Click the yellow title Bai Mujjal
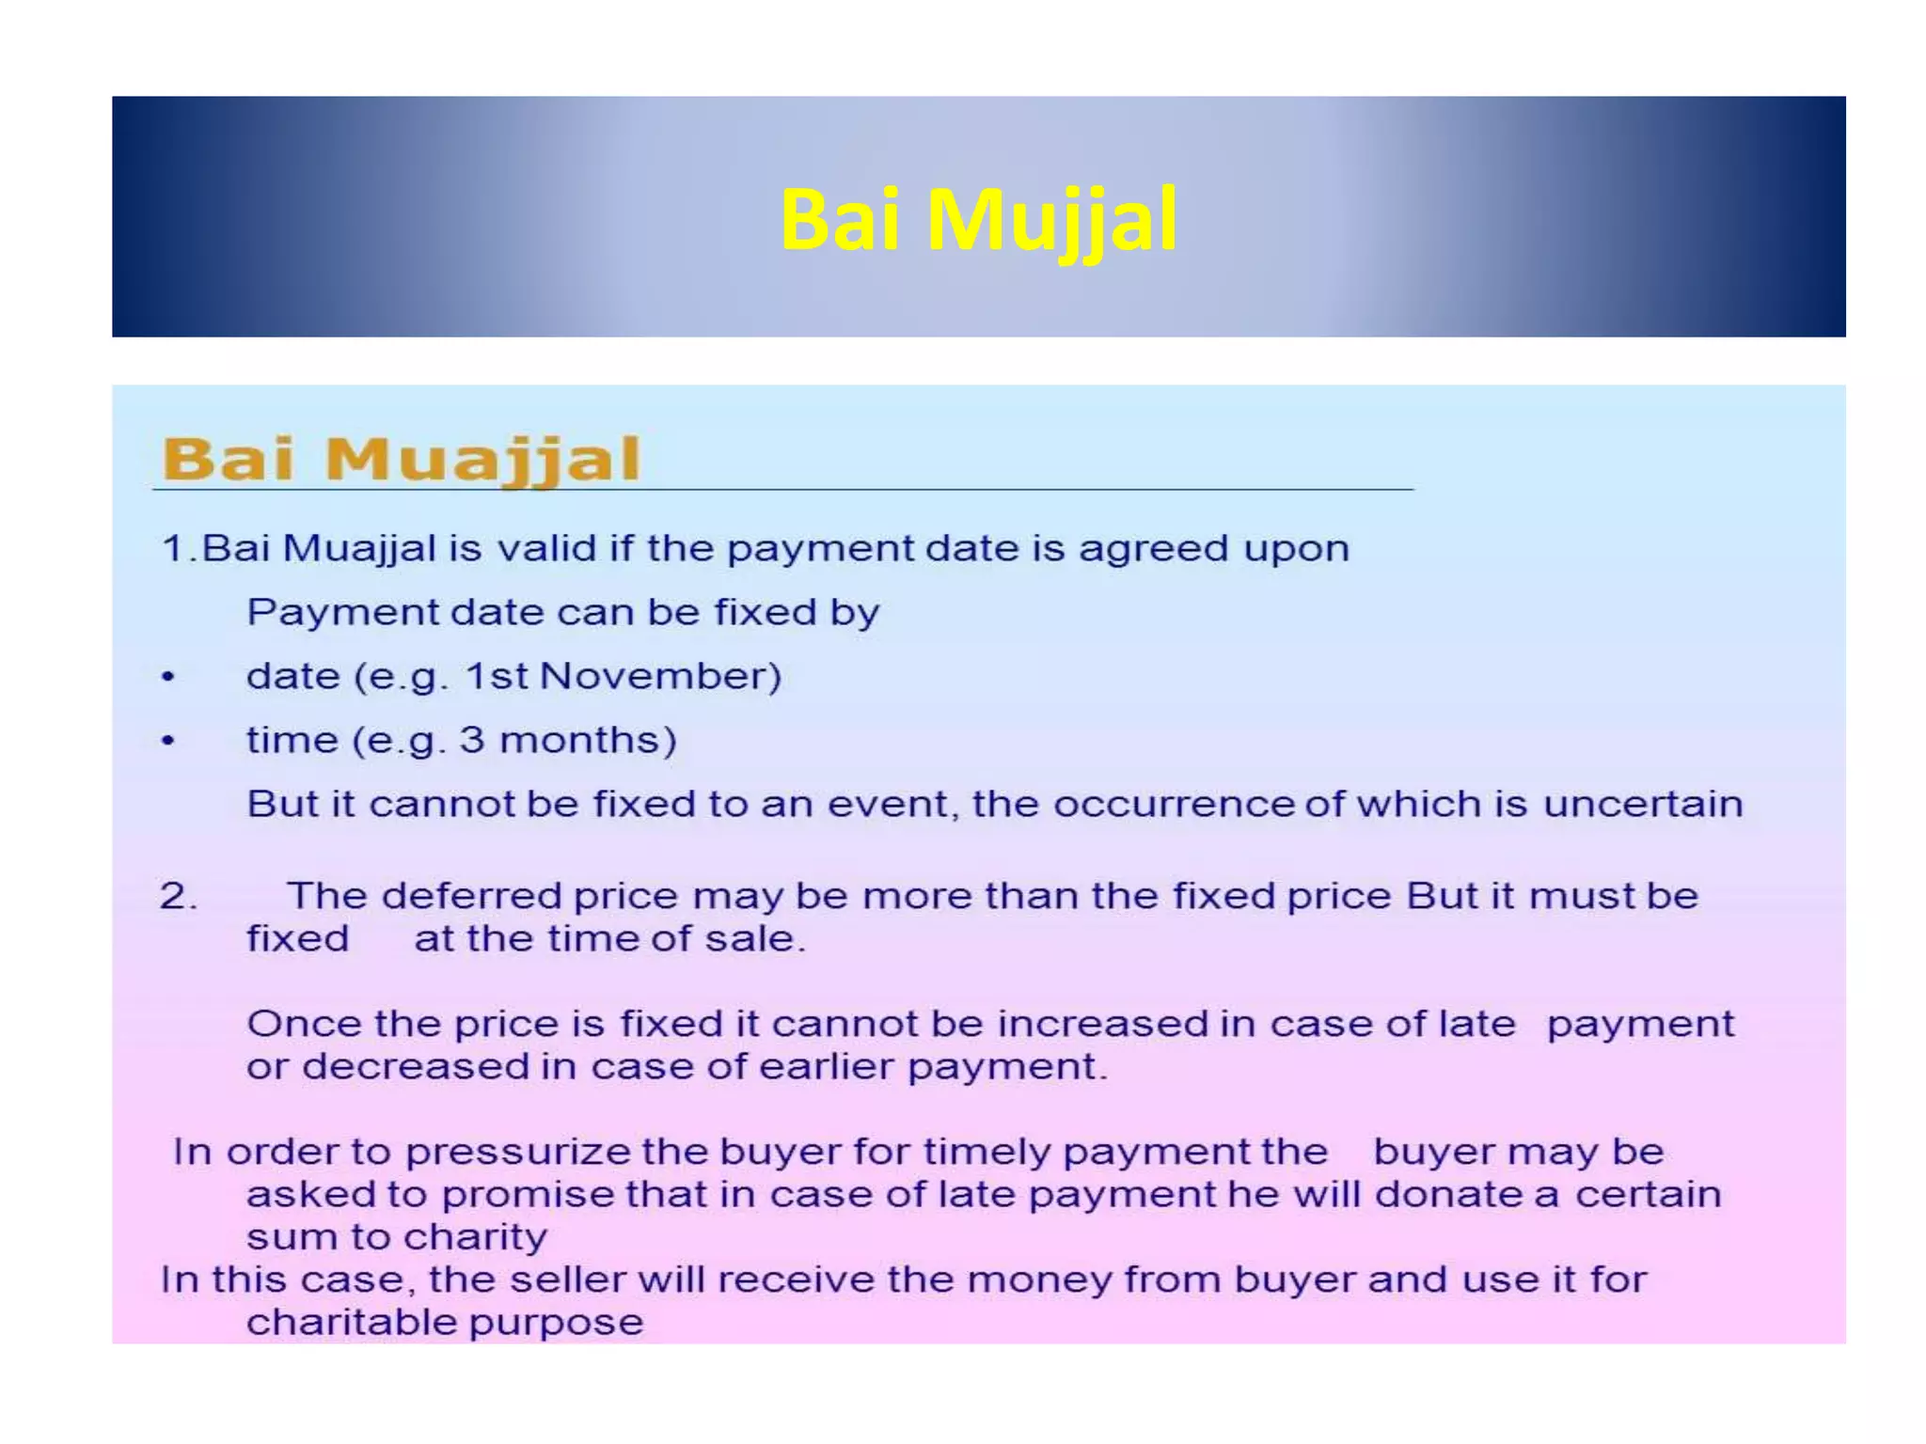pyautogui.click(x=978, y=220)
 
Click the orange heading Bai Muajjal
pyautogui.click(x=402, y=460)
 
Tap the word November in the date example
pyautogui.click(x=660, y=677)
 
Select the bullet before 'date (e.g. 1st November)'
pyautogui.click(x=168, y=678)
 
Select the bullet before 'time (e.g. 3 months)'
pyautogui.click(x=168, y=742)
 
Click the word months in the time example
pyautogui.click(x=587, y=741)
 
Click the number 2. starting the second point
pyautogui.click(x=178, y=896)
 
